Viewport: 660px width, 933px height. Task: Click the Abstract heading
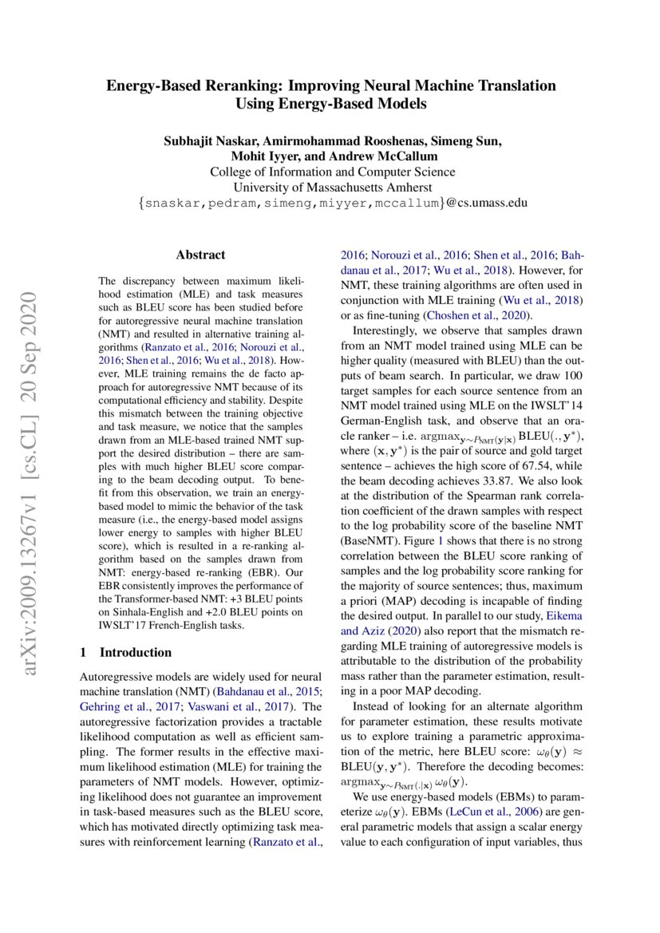(200, 255)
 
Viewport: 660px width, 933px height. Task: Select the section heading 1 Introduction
(126, 652)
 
